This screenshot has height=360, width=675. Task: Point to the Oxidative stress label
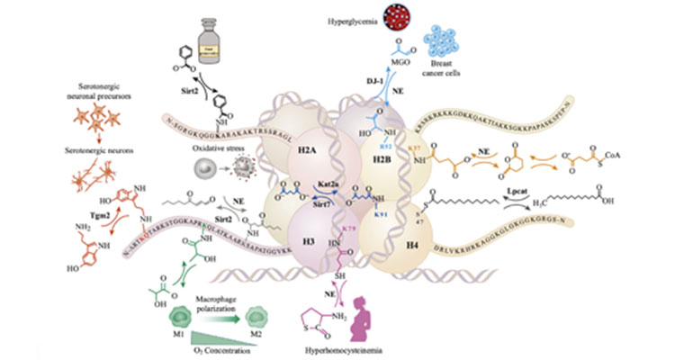[220, 150]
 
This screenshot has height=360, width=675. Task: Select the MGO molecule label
[407, 67]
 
